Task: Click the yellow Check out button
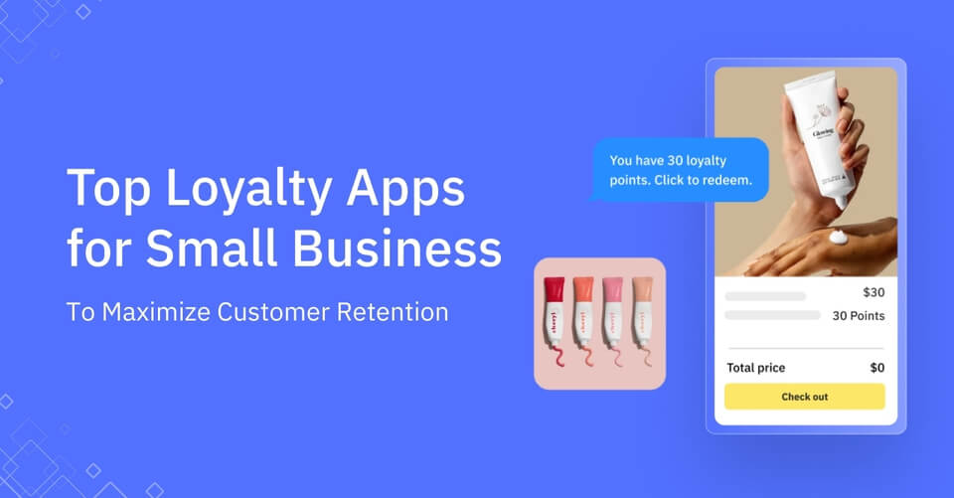pyautogui.click(x=804, y=397)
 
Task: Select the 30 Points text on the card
pyautogui.click(x=858, y=316)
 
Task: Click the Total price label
pyautogui.click(x=755, y=368)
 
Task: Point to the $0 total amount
pyautogui.click(x=876, y=368)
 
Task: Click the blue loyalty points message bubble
pyautogui.click(x=680, y=170)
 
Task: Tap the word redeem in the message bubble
pyautogui.click(x=731, y=181)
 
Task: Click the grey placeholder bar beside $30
pyautogui.click(x=765, y=296)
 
